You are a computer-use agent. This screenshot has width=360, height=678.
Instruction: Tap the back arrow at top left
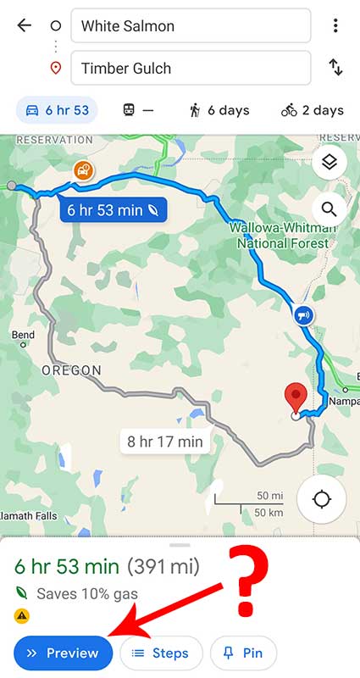[x=24, y=25]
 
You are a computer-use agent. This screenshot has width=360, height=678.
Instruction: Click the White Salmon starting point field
[x=191, y=25]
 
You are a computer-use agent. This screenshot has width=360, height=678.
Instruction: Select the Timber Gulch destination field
[x=191, y=69]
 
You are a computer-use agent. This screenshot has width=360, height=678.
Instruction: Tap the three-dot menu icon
[x=335, y=25]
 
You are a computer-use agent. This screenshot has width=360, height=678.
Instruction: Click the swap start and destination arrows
[x=335, y=69]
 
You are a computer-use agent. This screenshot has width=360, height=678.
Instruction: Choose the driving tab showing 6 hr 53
[x=57, y=110]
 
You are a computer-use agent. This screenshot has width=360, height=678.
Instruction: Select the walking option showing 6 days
[x=219, y=110]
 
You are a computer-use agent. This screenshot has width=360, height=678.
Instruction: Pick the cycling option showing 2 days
[x=313, y=110]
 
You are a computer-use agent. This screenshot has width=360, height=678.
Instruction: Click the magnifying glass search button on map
[x=329, y=208]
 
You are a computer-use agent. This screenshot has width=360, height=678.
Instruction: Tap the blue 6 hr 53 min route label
[x=113, y=209]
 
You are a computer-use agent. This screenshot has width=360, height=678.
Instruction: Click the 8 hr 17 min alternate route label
[x=165, y=442]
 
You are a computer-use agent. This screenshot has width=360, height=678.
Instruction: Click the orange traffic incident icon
[x=84, y=170]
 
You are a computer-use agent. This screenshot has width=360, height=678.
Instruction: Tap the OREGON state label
[x=71, y=370]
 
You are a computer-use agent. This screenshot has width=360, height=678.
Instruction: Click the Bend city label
[x=23, y=336]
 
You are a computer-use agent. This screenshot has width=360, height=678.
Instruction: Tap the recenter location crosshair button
[x=322, y=498]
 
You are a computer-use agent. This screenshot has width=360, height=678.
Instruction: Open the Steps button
[x=161, y=653]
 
